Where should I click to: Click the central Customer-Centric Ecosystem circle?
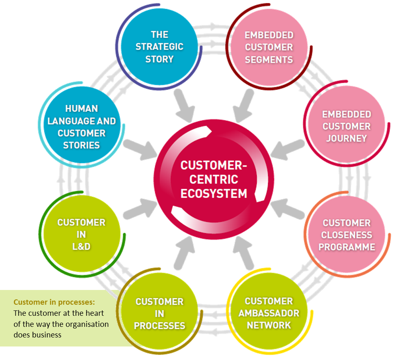(214, 179)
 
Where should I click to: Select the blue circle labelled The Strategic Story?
(159, 46)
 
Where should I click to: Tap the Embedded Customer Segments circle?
(269, 47)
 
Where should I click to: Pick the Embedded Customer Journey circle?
(346, 126)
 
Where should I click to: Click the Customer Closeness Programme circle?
(347, 235)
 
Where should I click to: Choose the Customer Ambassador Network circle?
(269, 313)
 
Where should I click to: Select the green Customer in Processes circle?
(159, 314)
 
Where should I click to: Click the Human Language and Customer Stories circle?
(81, 127)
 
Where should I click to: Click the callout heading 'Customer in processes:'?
(54, 302)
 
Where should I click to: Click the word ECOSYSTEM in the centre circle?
(214, 193)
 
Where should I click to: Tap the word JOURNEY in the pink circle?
(346, 138)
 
